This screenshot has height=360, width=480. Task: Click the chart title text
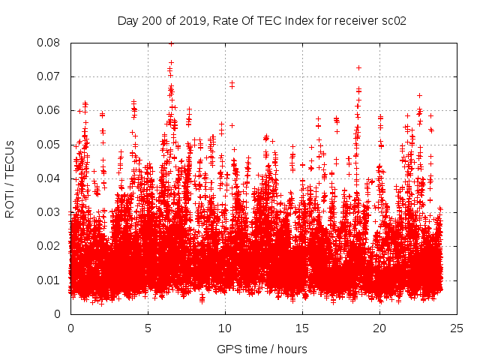(262, 20)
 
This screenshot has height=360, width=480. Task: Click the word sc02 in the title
(394, 20)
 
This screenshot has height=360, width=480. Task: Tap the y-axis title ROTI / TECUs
(10, 178)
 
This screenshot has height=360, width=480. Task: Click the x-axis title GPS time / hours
(262, 349)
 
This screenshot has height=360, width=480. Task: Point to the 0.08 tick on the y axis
(52, 43)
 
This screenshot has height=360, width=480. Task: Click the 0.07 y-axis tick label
(52, 76)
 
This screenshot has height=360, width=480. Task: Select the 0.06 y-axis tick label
(52, 110)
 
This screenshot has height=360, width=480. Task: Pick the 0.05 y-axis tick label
(52, 145)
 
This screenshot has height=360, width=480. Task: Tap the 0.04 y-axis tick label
(52, 178)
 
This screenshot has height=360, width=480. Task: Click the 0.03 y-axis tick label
(52, 212)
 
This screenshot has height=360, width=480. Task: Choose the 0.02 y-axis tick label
(52, 246)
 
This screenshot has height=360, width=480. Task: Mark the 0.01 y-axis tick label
(52, 280)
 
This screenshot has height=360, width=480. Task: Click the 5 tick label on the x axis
(148, 328)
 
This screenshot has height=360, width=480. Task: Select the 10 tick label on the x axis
(225, 328)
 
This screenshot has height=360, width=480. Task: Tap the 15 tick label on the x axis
(302, 328)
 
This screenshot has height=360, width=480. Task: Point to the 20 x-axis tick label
(379, 328)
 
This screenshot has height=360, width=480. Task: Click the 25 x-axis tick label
(457, 328)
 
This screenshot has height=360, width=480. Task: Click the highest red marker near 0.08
(171, 43)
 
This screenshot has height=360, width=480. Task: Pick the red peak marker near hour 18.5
(358, 67)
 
